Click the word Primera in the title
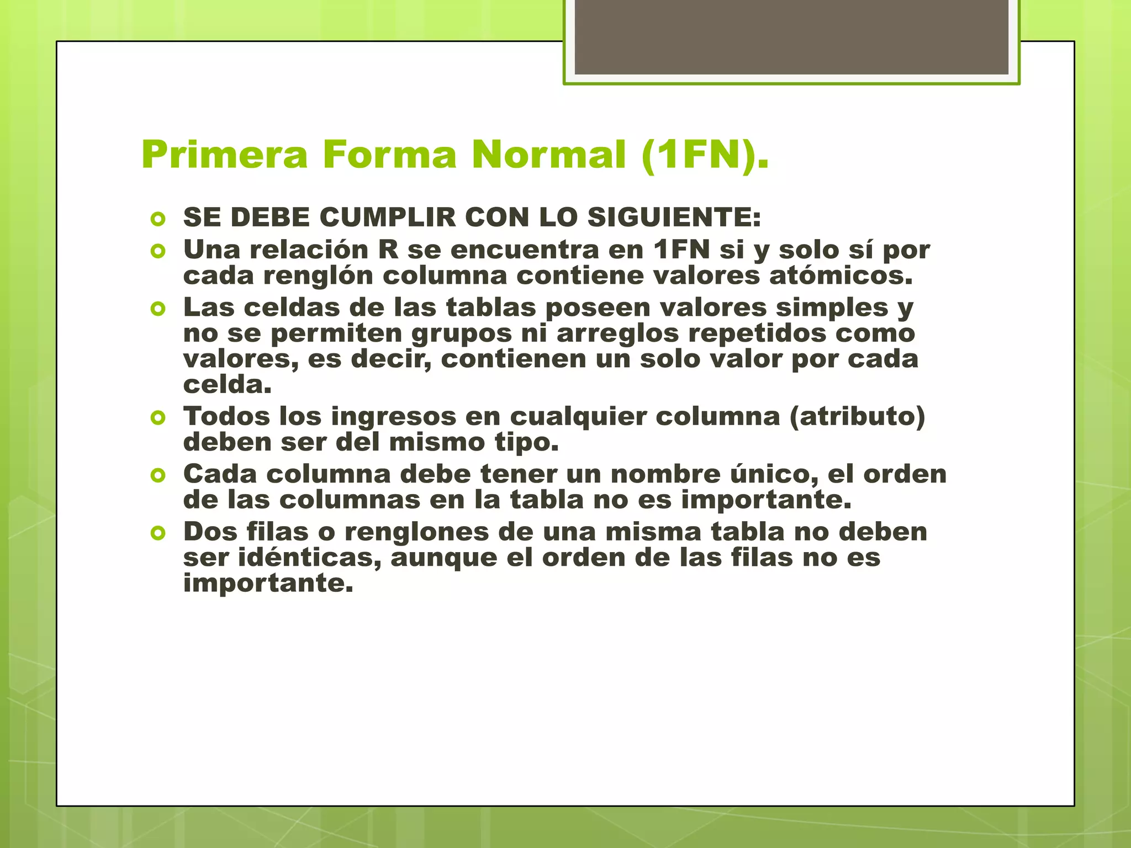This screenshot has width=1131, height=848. (x=224, y=155)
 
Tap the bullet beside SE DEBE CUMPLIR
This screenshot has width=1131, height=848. (x=158, y=219)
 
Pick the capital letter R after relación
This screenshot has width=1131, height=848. (x=388, y=250)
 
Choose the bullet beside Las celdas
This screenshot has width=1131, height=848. (x=158, y=309)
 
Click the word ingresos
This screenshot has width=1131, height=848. (x=394, y=417)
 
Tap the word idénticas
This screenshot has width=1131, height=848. (x=310, y=558)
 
